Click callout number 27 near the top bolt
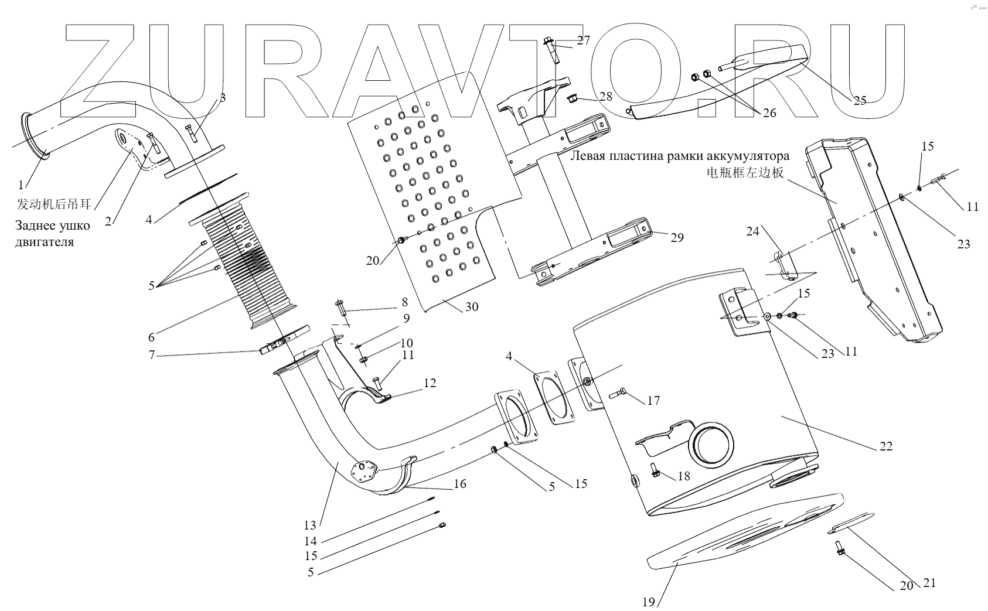tap(583, 40)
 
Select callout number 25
tap(859, 100)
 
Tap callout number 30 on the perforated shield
tap(472, 307)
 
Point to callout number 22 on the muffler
tap(885, 446)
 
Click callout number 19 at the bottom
tap(648, 602)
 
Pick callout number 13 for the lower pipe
tap(309, 525)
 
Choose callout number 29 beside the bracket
tap(677, 238)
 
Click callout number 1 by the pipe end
tap(21, 185)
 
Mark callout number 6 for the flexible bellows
tap(151, 337)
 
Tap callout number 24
tap(752, 231)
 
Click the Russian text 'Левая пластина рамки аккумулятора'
tap(679, 156)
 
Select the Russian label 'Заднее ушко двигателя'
tap(53, 233)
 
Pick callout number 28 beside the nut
tap(605, 96)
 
